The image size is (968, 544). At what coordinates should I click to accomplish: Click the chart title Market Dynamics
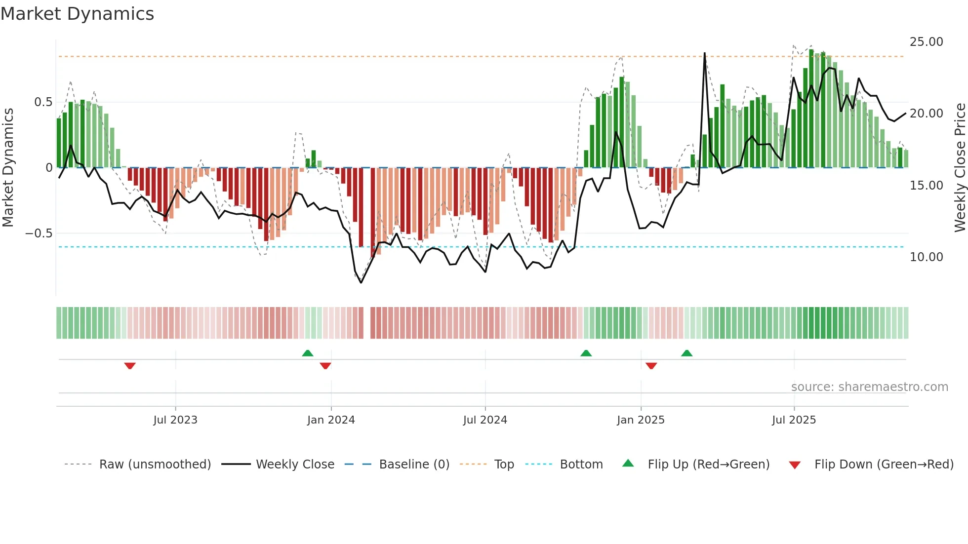pyautogui.click(x=78, y=14)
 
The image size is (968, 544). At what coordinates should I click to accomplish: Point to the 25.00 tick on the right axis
pyautogui.click(x=926, y=42)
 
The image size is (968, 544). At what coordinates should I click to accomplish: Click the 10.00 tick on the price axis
pyautogui.click(x=926, y=257)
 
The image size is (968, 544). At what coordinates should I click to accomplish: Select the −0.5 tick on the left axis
pyautogui.click(x=39, y=233)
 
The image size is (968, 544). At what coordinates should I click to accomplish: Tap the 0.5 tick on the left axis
pyautogui.click(x=43, y=102)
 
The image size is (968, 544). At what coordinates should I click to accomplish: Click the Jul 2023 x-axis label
pyautogui.click(x=175, y=420)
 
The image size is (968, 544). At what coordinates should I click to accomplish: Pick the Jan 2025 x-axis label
pyautogui.click(x=641, y=420)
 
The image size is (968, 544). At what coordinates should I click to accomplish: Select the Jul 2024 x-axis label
pyautogui.click(x=485, y=420)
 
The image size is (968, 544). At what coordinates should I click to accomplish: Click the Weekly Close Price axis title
pyautogui.click(x=960, y=168)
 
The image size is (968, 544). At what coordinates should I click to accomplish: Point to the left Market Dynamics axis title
pyautogui.click(x=8, y=168)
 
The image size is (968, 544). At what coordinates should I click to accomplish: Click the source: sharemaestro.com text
pyautogui.click(x=869, y=387)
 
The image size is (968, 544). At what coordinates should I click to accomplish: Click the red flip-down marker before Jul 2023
pyautogui.click(x=130, y=366)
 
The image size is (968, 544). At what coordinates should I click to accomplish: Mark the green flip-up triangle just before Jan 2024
pyautogui.click(x=308, y=353)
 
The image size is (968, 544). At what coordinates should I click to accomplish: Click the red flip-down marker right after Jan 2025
pyautogui.click(x=651, y=366)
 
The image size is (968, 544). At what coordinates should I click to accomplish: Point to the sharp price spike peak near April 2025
pyautogui.click(x=704, y=53)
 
